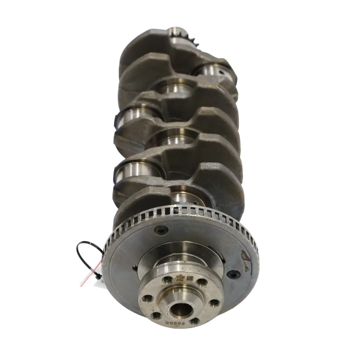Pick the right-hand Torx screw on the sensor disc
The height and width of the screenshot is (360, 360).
[233, 274]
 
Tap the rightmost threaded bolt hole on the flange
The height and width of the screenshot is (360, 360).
[215, 303]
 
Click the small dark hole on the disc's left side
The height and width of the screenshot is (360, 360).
[134, 267]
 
